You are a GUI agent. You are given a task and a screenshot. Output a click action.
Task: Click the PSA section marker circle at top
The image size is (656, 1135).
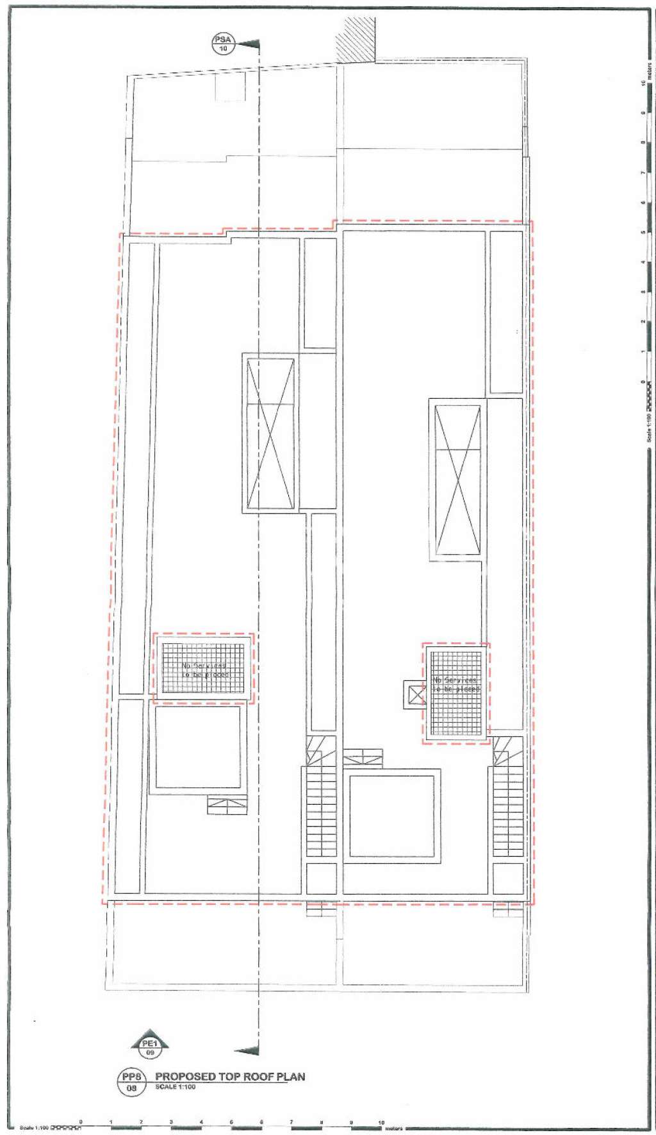[x=223, y=44]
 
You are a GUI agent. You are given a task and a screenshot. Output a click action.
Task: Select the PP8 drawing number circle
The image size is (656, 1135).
[x=131, y=1082]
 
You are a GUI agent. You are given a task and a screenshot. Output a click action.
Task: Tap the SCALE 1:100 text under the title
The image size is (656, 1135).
[x=176, y=1087]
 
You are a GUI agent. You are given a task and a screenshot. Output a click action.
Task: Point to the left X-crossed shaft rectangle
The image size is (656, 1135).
[x=270, y=433]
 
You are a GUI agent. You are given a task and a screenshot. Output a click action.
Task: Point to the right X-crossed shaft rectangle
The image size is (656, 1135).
[x=457, y=480]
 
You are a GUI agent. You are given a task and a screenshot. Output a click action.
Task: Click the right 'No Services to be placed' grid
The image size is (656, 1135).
[x=455, y=693]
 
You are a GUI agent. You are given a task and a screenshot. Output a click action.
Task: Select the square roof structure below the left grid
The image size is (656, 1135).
[x=197, y=747]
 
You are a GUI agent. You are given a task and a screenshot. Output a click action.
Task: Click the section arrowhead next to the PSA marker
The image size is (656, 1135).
[x=249, y=44]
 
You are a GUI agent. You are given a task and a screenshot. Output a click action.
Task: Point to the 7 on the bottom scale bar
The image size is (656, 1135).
[x=291, y=1122]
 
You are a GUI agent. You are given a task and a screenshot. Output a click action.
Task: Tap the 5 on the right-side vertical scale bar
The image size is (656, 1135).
[x=643, y=232]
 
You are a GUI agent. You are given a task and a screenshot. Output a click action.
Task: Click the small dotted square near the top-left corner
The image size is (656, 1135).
[x=230, y=87]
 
